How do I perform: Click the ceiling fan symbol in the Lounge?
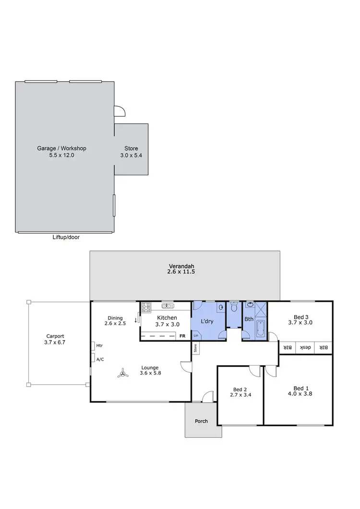[x=123, y=373]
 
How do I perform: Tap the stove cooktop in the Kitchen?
[x=146, y=307]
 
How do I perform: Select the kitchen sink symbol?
[x=168, y=306]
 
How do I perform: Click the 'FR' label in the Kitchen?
[x=182, y=336]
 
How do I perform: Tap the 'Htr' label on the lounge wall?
[x=99, y=345]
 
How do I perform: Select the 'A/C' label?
[x=100, y=359]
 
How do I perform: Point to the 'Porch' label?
[x=202, y=421]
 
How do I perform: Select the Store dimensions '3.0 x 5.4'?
[x=132, y=155]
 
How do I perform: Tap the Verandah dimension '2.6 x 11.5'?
[x=175, y=272]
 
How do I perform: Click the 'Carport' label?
[x=55, y=336]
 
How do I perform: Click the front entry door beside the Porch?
[x=207, y=397]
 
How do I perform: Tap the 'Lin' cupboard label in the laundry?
[x=196, y=335]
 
